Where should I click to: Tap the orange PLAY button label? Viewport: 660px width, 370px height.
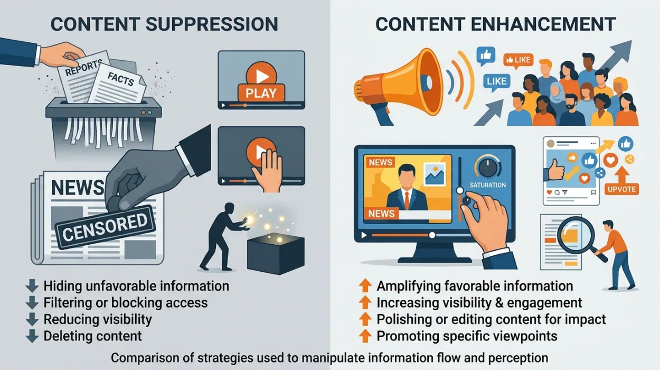coord(261,93)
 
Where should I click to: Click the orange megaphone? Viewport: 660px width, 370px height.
coord(401,86)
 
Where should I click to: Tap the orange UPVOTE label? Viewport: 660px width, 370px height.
coord(621,189)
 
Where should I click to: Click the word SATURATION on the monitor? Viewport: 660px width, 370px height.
coord(488,185)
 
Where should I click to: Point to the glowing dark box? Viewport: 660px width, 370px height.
coord(276,253)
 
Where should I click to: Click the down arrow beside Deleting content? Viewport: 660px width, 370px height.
coord(32,336)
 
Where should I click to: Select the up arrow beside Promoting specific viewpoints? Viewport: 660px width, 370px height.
coord(365,336)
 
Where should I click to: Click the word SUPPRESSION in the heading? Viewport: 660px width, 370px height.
coord(212,24)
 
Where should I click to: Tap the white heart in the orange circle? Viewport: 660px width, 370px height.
coord(610,160)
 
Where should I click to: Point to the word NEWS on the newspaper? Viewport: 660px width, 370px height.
coord(78,187)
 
